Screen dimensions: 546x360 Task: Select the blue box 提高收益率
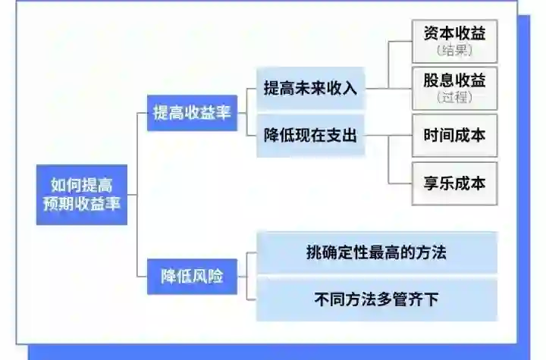coord(193,113)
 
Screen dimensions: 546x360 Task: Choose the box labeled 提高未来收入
coord(309,89)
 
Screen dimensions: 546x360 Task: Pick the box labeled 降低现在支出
coord(309,136)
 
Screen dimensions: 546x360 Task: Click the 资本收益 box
coord(454,41)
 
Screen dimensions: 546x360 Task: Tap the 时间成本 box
coord(454,136)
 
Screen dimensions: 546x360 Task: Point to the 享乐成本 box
coord(454,183)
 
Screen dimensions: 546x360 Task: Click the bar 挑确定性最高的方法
coord(376,253)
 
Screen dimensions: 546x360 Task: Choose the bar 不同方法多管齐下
coord(376,299)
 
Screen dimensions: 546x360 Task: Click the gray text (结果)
coord(455,52)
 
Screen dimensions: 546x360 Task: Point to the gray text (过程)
coord(455,98)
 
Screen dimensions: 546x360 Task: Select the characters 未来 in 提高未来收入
coord(309,89)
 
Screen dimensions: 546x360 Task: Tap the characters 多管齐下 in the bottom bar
coord(407,299)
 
